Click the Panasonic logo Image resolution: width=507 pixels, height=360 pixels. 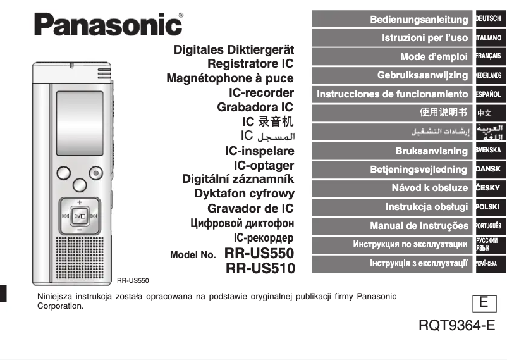tap(108, 24)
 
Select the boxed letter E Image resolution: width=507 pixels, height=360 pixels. tap(483, 303)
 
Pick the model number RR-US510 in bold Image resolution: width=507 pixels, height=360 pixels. tap(260, 269)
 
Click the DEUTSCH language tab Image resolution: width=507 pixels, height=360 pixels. tap(489, 19)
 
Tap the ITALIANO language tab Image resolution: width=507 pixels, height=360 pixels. tap(489, 38)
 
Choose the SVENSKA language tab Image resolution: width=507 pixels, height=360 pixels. tap(489, 151)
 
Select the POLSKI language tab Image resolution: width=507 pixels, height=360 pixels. tap(489, 207)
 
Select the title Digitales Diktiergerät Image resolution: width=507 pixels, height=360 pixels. tap(233, 49)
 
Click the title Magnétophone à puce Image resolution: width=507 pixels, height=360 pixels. tap(229, 78)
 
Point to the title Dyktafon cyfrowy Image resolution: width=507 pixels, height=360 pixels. tap(244, 194)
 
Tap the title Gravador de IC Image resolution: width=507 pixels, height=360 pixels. tap(250, 209)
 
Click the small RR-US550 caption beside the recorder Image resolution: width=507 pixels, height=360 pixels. tap(133, 280)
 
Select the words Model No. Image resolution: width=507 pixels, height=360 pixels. tap(193, 256)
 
